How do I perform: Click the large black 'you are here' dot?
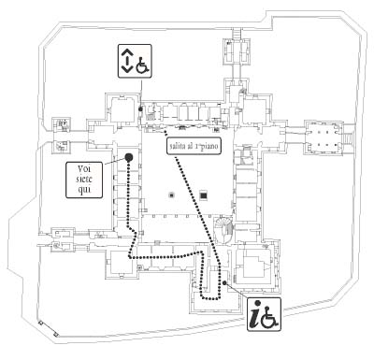click(129, 157)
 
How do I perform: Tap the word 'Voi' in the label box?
click(84, 169)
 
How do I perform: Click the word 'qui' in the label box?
click(84, 190)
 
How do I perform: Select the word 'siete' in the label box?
click(84, 180)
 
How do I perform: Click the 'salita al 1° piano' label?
click(194, 146)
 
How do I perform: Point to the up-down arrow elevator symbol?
click(126, 61)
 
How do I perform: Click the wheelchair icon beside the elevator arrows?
click(143, 64)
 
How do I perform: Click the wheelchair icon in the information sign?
click(269, 318)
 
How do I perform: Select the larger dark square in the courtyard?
click(204, 195)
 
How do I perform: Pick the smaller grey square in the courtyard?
click(171, 195)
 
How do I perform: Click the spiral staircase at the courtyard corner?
click(223, 230)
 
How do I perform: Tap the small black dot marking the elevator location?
click(140, 109)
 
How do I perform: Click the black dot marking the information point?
click(224, 282)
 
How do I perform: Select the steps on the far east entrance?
click(349, 137)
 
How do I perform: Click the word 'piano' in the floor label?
click(210, 146)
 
